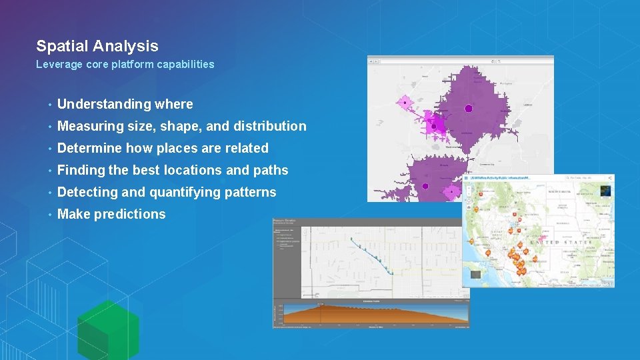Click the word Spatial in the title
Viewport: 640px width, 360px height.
coord(62,46)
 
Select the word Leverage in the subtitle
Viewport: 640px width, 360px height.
coord(59,65)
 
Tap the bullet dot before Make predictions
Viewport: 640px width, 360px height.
coord(49,215)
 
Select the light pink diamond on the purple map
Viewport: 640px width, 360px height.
coord(404,102)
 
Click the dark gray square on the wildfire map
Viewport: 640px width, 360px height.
coord(475,273)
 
